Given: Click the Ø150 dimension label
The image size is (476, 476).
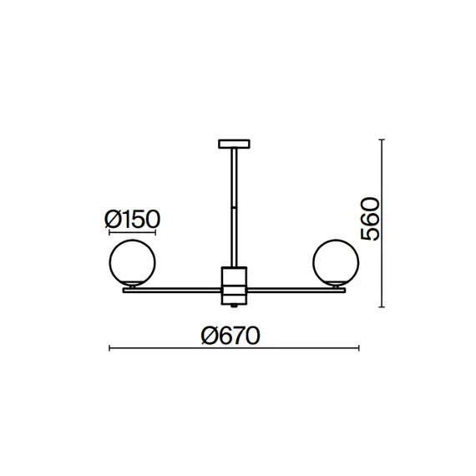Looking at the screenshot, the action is (132, 219).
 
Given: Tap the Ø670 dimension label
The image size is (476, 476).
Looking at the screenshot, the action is (230, 336).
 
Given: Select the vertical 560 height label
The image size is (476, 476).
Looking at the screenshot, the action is (369, 219).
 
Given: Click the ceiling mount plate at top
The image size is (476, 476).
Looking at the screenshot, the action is (234, 144).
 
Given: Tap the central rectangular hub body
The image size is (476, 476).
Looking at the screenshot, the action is (234, 286).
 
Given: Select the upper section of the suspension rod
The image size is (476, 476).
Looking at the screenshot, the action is (234, 177).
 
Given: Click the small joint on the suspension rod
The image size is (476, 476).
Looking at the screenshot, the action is (234, 207).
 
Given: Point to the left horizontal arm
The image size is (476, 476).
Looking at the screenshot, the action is (172, 291).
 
